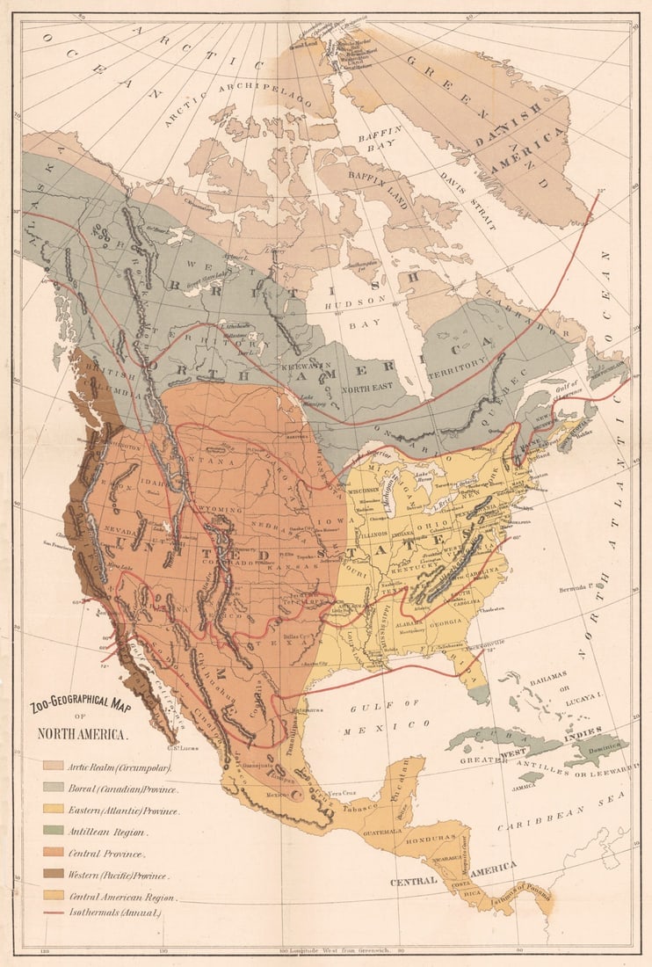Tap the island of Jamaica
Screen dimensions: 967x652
point(531,777)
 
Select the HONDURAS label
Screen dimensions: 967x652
point(432,838)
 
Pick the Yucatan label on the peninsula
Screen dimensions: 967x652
point(398,779)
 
